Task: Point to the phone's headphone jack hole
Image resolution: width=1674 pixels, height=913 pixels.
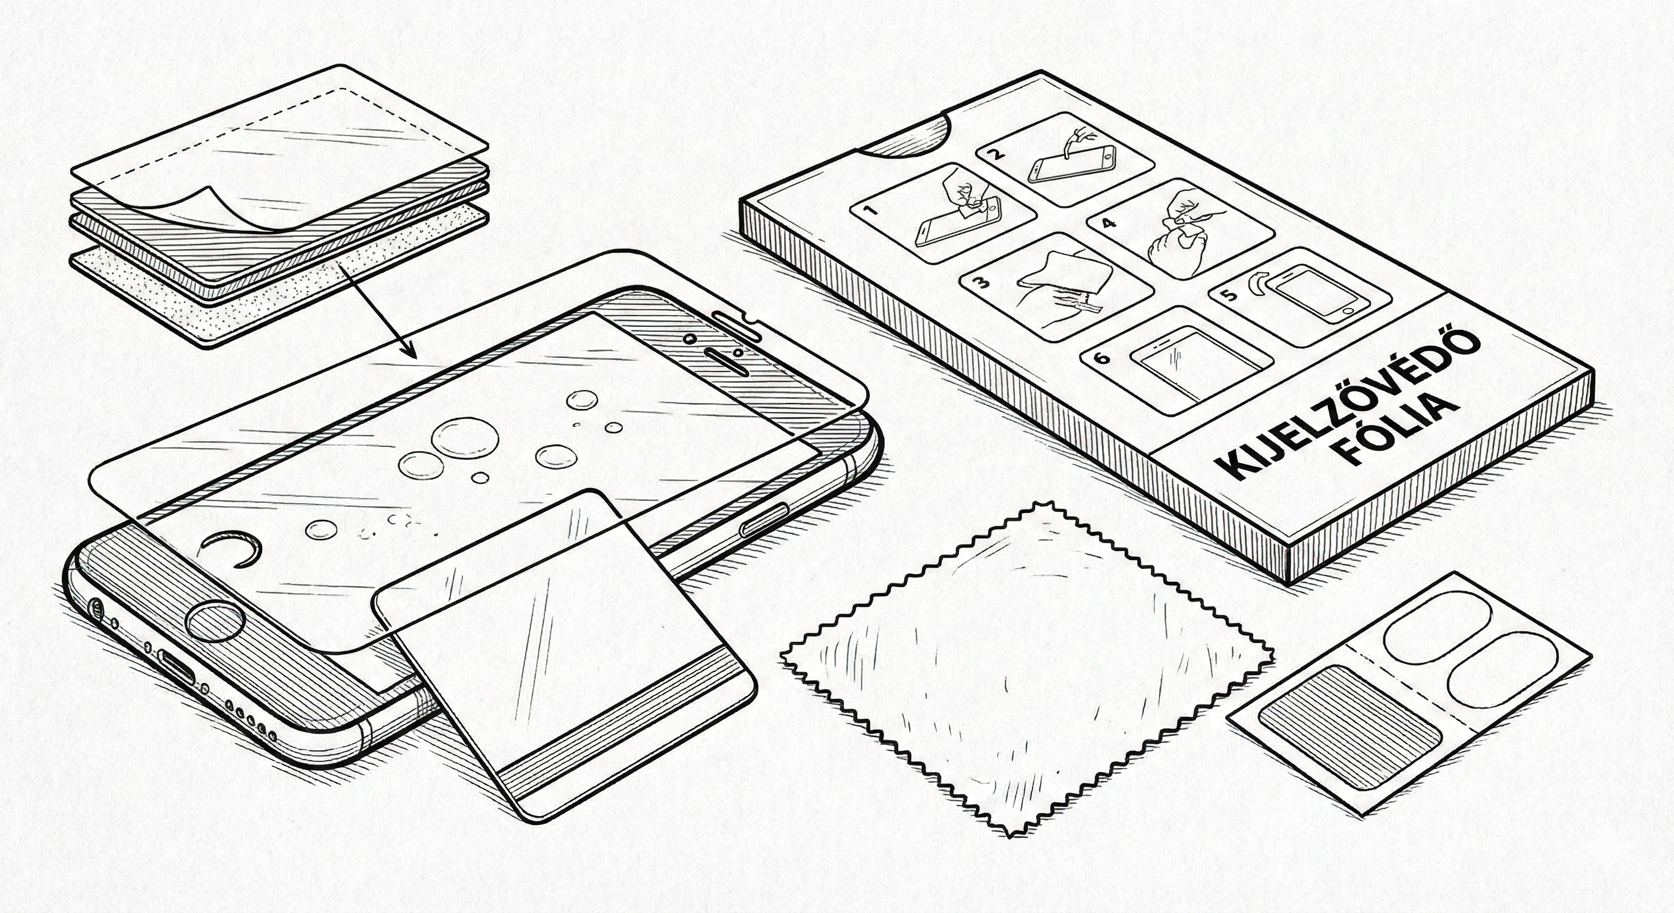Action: pyautogui.click(x=97, y=609)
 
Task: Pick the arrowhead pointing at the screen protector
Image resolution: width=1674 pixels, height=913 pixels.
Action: pyautogui.click(x=408, y=349)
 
